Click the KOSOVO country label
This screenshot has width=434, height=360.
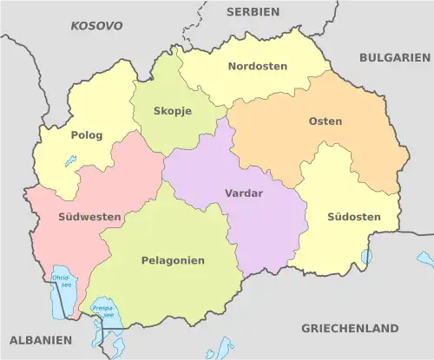pos(96,27)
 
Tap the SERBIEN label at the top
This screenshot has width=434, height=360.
pos(253,12)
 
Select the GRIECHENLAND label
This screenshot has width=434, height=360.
pos(350,329)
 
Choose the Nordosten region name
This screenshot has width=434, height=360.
pos(257,66)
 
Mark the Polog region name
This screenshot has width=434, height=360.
pos(86,135)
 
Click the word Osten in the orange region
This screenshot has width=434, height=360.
pos(325,121)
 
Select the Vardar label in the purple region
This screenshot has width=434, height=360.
pos(242,193)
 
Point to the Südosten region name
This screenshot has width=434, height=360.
pos(349,216)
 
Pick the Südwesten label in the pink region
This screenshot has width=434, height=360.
pos(77,217)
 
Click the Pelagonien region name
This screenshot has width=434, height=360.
pos(173,260)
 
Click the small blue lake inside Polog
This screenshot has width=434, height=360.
pos(69,161)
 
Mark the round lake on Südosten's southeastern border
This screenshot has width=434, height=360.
pos(366,256)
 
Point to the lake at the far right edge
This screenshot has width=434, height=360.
pos(424,258)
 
